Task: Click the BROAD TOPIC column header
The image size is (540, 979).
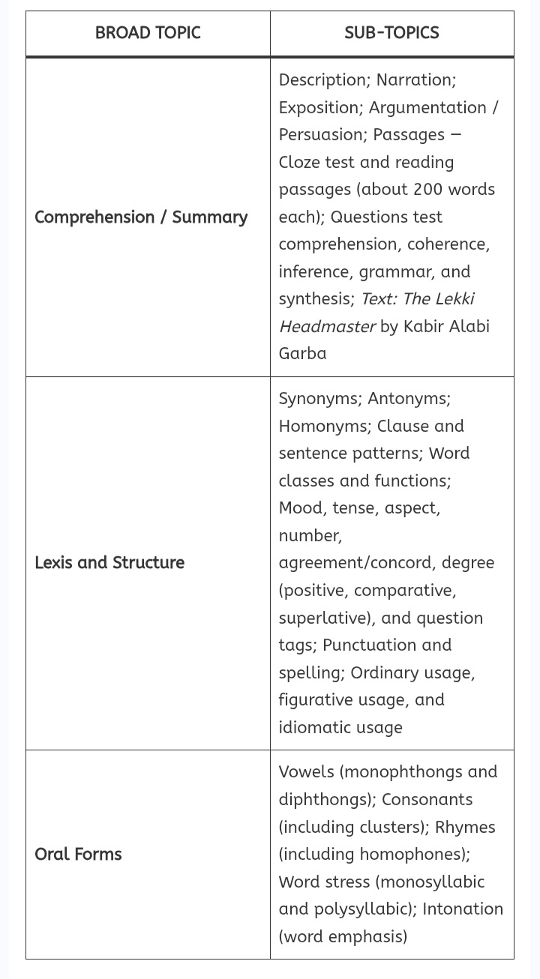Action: coord(148,33)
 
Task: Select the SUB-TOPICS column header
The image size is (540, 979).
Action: coord(391,33)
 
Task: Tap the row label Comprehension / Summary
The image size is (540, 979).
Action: coord(141,217)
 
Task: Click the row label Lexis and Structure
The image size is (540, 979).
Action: coord(109,563)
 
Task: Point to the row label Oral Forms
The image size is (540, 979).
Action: coord(78,854)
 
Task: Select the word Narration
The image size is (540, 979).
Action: coord(415,80)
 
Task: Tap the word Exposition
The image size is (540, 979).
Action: coord(320,108)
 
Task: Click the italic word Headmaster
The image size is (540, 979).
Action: coord(327,327)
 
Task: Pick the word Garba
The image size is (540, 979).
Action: coord(302,354)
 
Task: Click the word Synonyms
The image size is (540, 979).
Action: coord(320,399)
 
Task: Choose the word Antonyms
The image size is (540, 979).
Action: coord(408,399)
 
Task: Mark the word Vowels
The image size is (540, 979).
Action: coord(303,772)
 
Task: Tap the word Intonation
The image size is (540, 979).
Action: coord(462,909)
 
